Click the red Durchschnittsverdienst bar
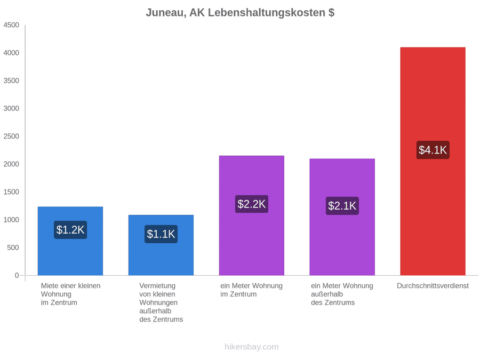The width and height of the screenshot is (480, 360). pyautogui.click(x=433, y=161)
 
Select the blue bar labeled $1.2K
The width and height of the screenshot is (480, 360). pyautogui.click(x=70, y=241)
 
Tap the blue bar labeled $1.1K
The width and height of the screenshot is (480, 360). pyautogui.click(x=161, y=245)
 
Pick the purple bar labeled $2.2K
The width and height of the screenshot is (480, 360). pyautogui.click(x=251, y=215)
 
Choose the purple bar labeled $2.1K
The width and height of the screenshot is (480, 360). pyautogui.click(x=342, y=217)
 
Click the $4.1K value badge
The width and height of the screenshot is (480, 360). pyautogui.click(x=433, y=150)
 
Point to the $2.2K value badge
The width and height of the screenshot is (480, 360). pyautogui.click(x=251, y=204)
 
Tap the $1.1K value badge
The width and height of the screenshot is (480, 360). pyautogui.click(x=161, y=234)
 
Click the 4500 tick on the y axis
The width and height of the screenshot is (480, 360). pyautogui.click(x=11, y=25)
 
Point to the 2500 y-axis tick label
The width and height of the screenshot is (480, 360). pyautogui.click(x=11, y=136)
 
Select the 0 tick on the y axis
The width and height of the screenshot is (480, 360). pyautogui.click(x=17, y=276)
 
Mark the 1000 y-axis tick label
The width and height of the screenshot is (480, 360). pyautogui.click(x=11, y=220)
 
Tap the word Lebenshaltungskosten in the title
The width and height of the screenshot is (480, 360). pyautogui.click(x=267, y=13)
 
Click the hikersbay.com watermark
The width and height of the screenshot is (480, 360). pyautogui.click(x=252, y=347)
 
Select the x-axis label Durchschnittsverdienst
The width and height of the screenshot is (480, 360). pyautogui.click(x=433, y=286)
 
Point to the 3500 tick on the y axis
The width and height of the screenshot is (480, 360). pyautogui.click(x=11, y=81)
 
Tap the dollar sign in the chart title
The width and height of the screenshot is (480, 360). pyautogui.click(x=331, y=13)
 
